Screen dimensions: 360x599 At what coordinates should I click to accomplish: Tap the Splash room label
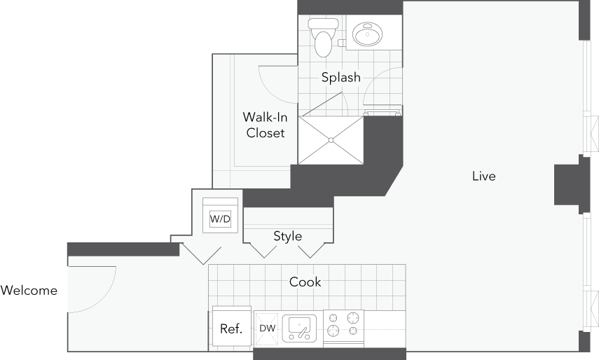[x=340, y=77]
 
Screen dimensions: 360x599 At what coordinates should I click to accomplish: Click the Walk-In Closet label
[x=265, y=125]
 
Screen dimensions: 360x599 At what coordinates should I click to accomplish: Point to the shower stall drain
[x=331, y=140]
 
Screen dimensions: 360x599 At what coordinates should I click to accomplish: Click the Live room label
[x=483, y=176]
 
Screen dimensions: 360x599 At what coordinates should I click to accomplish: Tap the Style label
[x=287, y=236]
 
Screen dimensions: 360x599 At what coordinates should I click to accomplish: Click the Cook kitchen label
[x=305, y=282]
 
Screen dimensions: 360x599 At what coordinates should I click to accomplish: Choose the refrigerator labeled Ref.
[x=231, y=328]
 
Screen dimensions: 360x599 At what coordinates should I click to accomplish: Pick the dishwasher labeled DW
[x=267, y=328]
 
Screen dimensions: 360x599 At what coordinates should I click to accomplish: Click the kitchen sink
[x=299, y=328]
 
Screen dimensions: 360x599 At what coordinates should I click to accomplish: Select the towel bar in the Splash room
[x=382, y=109]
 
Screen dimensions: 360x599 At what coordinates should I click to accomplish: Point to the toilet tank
[x=323, y=23]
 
